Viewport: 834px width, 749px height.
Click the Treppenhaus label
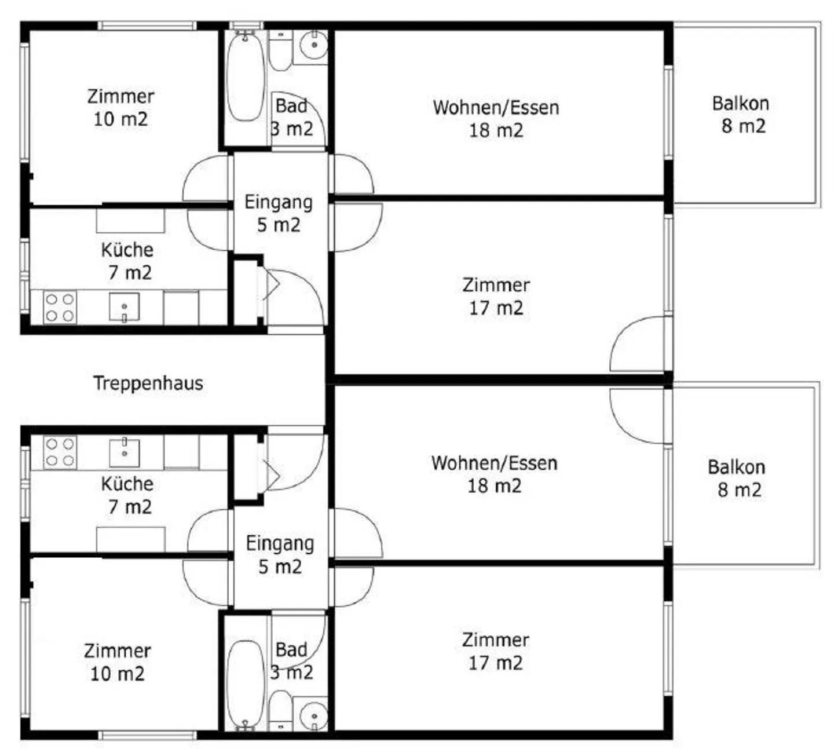pos(148,383)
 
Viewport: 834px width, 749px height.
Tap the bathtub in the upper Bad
pos(246,77)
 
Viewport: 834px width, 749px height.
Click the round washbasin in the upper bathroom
pos(314,45)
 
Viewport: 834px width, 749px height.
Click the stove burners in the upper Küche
pos(60,308)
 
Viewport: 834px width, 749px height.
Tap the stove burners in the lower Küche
pos(60,452)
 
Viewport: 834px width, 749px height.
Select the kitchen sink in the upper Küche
pos(125,307)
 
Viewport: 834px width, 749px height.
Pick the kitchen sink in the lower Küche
pos(125,452)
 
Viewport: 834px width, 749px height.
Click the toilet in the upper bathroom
pos(280,51)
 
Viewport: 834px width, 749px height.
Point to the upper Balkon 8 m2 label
pos(741,115)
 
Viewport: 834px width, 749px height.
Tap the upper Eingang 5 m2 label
pos(279,213)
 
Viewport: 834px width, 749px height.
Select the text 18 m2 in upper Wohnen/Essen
pos(496,130)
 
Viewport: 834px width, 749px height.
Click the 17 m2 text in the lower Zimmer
pos(496,663)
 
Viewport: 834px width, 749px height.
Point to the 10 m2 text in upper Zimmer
pos(120,119)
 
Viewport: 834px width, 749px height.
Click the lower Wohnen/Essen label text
pos(495,463)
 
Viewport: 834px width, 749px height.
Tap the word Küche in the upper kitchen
pos(127,250)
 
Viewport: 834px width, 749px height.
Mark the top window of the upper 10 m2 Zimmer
pos(147,26)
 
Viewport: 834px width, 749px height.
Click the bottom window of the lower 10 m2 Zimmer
pos(147,736)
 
